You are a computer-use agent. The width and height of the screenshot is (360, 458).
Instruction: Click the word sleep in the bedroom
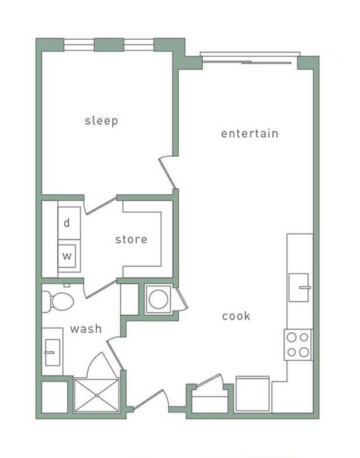101,121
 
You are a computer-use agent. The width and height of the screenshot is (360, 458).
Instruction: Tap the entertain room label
250,133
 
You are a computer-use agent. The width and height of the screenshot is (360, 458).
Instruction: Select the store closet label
131,239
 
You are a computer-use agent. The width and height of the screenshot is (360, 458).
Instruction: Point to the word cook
236,316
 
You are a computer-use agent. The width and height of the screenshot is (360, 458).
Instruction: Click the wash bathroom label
86,329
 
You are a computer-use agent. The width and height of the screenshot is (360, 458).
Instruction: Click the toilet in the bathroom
59,301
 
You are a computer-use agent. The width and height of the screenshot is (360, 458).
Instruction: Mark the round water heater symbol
157,299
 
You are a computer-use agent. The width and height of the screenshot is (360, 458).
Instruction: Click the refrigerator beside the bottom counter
253,395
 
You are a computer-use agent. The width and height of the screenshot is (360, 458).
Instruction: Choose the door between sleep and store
101,205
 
